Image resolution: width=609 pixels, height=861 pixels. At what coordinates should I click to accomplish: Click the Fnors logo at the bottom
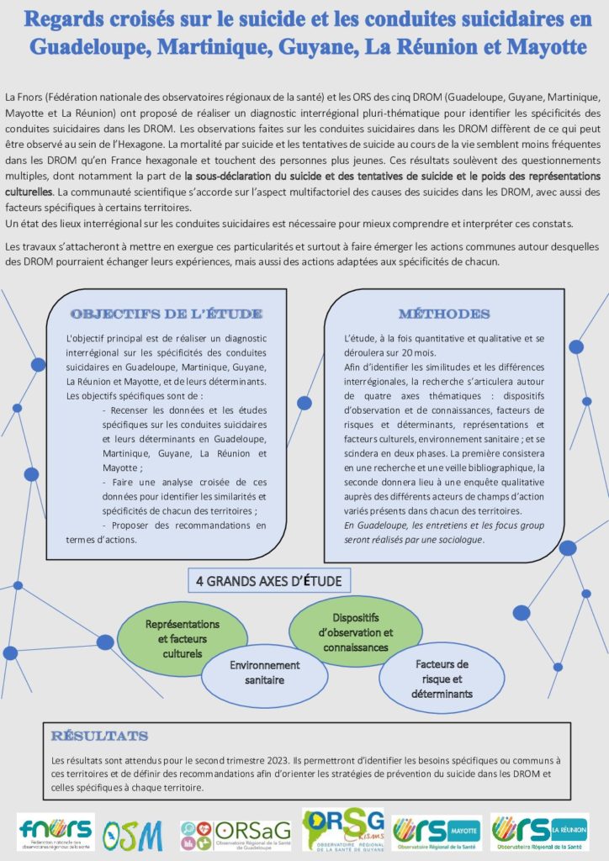tap(56, 832)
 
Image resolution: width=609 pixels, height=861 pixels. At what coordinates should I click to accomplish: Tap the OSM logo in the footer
tap(133, 833)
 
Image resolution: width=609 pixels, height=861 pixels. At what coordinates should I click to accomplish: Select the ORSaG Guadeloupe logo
tap(235, 832)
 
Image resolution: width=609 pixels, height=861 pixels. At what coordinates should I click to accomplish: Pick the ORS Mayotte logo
tap(437, 832)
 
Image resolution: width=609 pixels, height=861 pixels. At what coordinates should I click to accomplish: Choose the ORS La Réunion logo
tap(539, 832)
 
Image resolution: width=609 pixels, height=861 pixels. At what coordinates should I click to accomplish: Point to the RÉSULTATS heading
tap(99, 736)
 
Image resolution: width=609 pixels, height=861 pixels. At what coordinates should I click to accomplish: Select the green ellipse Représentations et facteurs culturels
tap(182, 639)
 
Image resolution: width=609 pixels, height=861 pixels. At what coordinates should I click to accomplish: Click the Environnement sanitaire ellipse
tap(264, 671)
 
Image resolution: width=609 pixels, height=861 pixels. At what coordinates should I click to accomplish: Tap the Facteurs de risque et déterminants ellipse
tap(442, 679)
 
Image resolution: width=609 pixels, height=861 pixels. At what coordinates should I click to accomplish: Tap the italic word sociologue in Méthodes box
tap(459, 539)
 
